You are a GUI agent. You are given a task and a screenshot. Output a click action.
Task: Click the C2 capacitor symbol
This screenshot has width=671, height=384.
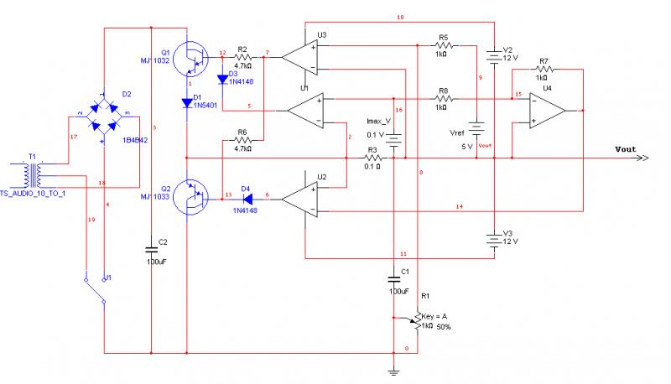(x=152, y=249)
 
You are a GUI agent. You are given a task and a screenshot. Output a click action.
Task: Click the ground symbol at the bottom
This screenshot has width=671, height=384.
(x=393, y=368)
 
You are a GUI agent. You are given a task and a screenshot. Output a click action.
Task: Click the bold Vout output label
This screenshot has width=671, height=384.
(x=624, y=149)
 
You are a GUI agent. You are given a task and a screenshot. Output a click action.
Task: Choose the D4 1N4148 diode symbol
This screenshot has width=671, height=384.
(x=247, y=196)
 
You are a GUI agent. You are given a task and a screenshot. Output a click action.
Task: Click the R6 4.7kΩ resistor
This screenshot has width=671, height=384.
(x=242, y=140)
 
